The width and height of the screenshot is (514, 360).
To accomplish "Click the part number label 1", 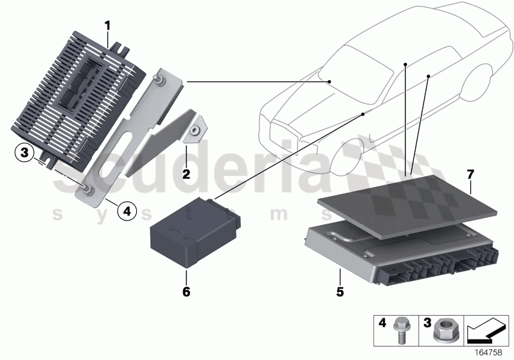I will point(108,25).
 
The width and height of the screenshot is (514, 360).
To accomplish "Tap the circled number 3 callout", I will point(23,153).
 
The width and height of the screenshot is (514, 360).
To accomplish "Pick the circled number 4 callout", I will point(127,210).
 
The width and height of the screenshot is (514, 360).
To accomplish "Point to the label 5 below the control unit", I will point(339,292).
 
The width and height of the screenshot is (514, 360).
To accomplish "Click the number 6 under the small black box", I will point(186,292).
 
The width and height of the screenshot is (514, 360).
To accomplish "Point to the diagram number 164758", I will point(489,352).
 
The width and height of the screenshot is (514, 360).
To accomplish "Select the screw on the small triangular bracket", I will point(193,130).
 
